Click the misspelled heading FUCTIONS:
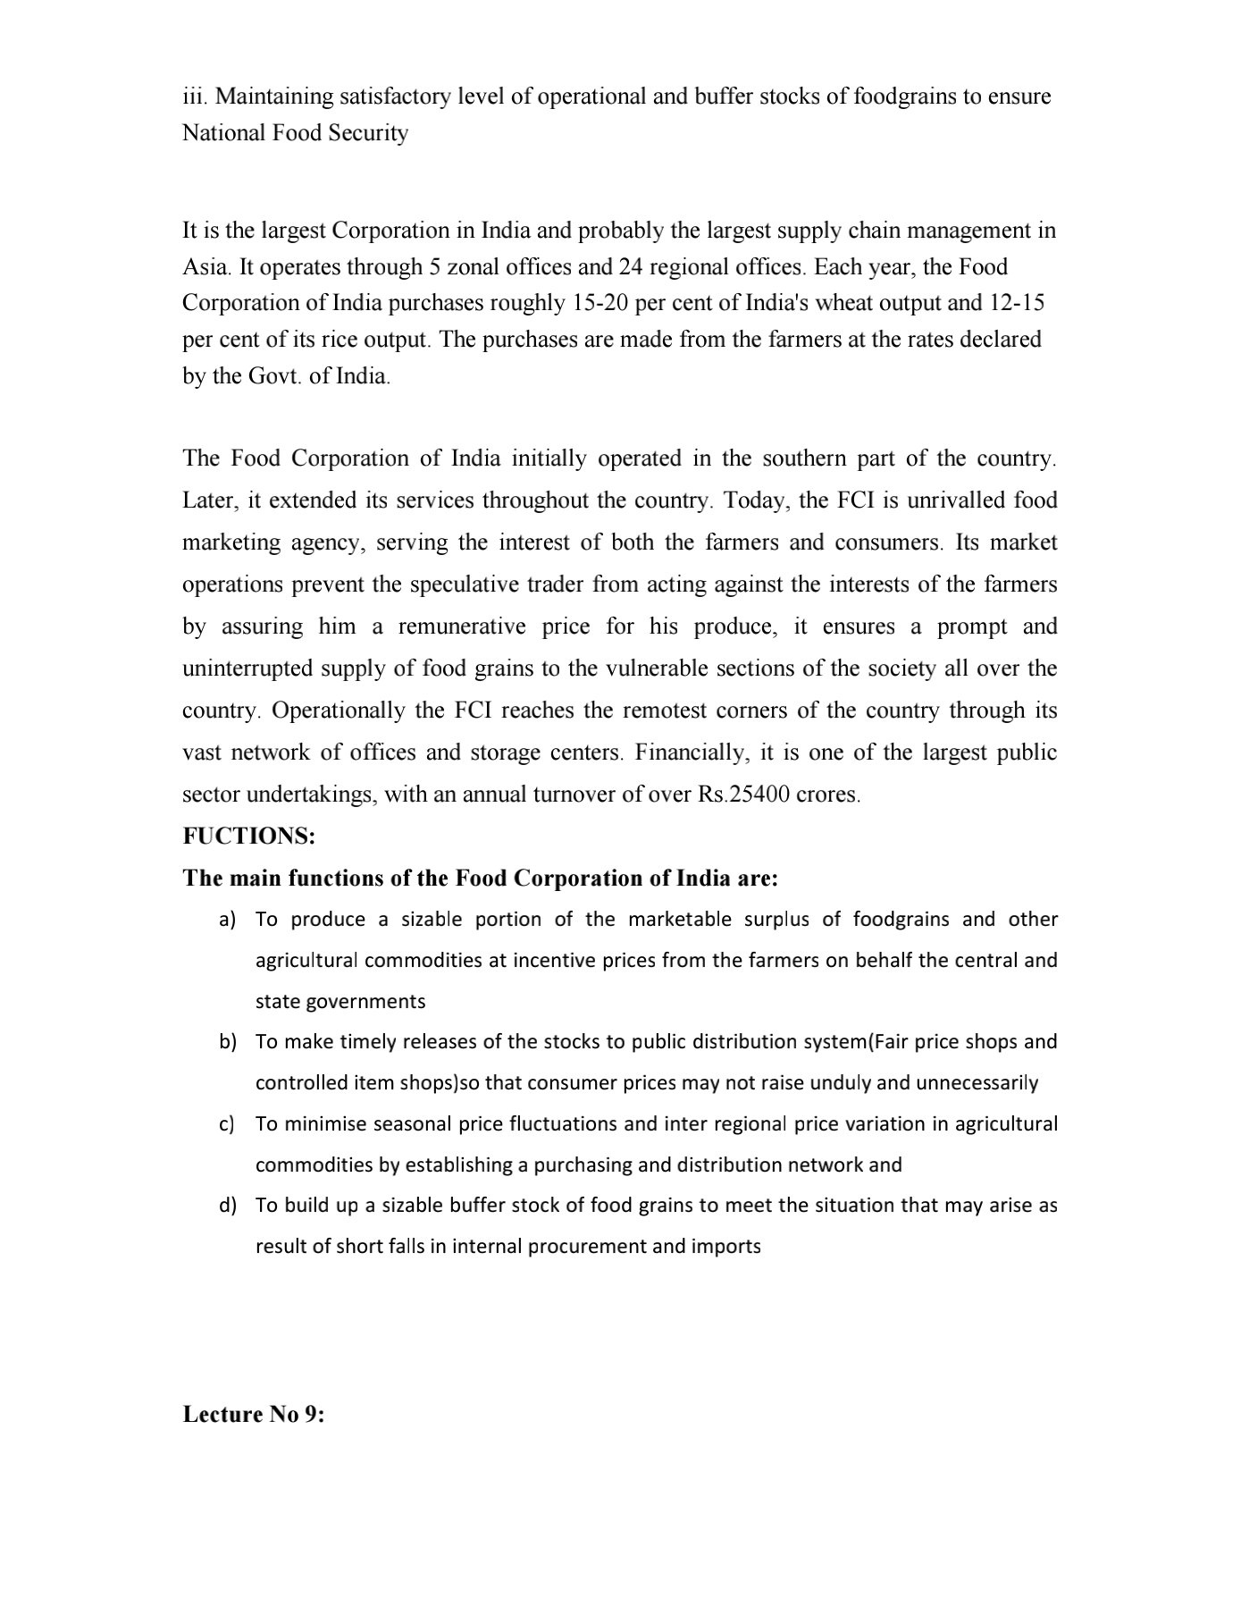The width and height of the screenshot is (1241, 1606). (248, 837)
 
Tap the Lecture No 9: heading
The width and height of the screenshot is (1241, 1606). (254, 1415)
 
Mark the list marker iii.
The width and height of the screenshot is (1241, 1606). (195, 97)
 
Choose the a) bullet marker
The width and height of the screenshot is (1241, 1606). (228, 920)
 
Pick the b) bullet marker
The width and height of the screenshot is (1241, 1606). (228, 1042)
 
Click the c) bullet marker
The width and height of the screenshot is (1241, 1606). (227, 1124)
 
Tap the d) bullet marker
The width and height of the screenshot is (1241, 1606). (228, 1206)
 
